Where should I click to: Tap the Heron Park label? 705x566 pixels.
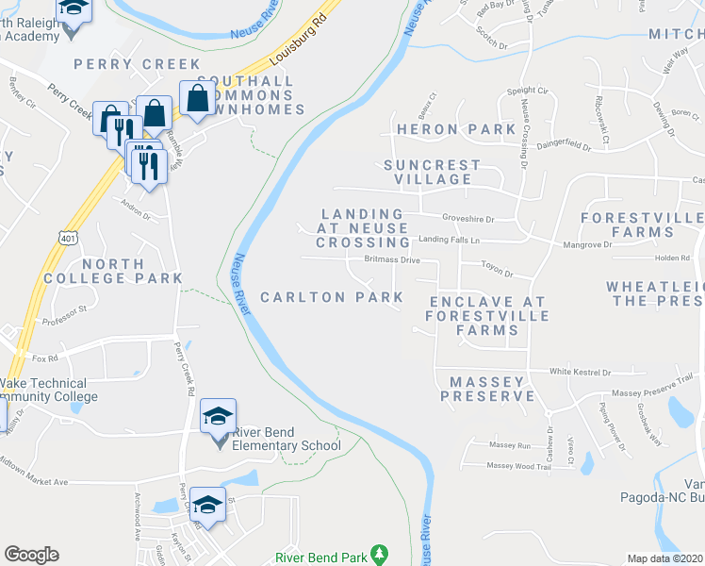pyautogui.click(x=441, y=128)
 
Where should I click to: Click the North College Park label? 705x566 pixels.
pyautogui.click(x=131, y=271)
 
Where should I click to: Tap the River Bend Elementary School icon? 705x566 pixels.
pyautogui.click(x=218, y=418)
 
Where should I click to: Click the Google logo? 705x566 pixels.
pyautogui.click(x=31, y=555)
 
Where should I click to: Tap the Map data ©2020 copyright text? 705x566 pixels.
pyautogui.click(x=664, y=558)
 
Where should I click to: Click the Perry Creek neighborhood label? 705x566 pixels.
pyautogui.click(x=138, y=64)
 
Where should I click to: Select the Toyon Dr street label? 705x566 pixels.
pyautogui.click(x=496, y=275)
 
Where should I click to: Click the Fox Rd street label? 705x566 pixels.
pyautogui.click(x=45, y=358)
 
